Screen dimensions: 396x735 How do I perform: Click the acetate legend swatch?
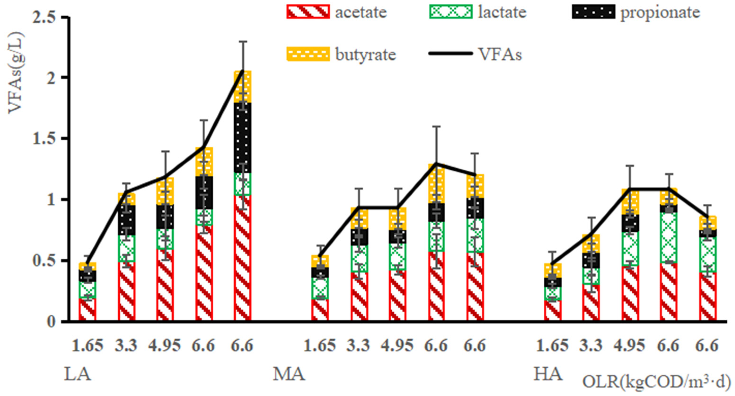click(x=308, y=12)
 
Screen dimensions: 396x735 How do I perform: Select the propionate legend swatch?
click(x=594, y=12)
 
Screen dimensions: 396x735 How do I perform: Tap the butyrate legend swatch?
click(x=308, y=54)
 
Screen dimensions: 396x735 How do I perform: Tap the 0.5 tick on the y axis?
click(x=47, y=261)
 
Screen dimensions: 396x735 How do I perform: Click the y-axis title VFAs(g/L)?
click(x=16, y=73)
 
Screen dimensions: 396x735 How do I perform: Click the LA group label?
click(x=78, y=374)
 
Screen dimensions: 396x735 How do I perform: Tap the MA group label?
click(x=289, y=374)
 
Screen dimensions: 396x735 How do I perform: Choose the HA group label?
click(x=548, y=374)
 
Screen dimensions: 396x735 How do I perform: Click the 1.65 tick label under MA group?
click(x=320, y=346)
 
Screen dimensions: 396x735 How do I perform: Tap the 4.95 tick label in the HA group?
click(x=629, y=346)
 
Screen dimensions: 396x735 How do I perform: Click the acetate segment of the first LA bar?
click(x=87, y=310)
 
